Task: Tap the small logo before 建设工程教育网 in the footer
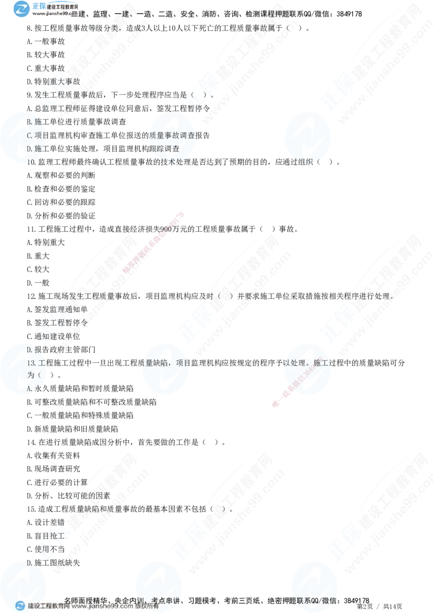pos(21,606)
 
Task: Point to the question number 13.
pos(31,363)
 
